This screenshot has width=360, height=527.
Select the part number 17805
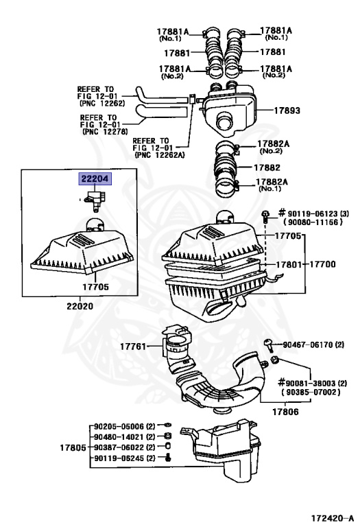72,447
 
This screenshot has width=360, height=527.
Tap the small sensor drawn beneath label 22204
95,199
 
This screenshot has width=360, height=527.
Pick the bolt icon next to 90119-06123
265,216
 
